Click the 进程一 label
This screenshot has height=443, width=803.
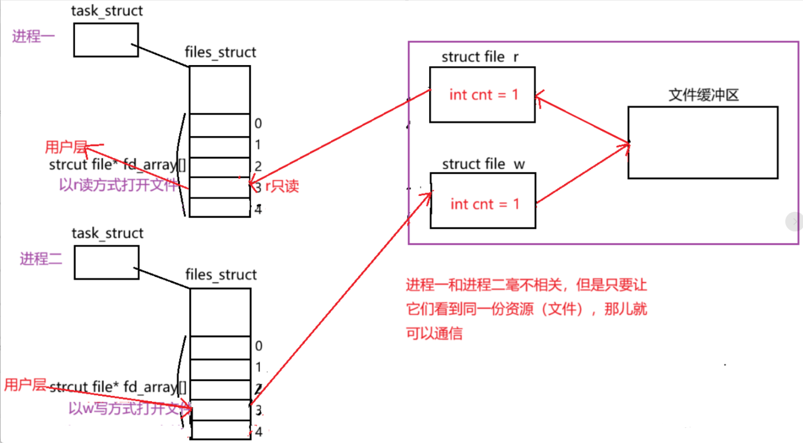click(x=33, y=36)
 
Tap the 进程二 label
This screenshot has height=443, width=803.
click(x=41, y=258)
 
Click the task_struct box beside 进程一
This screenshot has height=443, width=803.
click(x=106, y=40)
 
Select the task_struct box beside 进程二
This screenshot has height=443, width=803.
click(x=106, y=263)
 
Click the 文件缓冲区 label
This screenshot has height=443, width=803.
click(x=703, y=95)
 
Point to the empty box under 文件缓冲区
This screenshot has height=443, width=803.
click(x=702, y=142)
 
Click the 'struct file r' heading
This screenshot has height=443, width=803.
click(x=480, y=56)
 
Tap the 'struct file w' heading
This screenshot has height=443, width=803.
click(x=483, y=163)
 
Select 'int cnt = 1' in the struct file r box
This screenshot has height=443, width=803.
click(x=484, y=94)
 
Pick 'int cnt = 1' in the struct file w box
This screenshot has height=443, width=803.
click(x=485, y=204)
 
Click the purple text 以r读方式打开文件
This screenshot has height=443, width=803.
click(x=118, y=185)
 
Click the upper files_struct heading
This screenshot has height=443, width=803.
click(x=220, y=52)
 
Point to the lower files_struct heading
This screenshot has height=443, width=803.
click(x=221, y=274)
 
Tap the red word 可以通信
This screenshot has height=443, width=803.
click(x=434, y=333)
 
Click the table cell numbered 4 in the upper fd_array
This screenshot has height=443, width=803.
click(x=219, y=208)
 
